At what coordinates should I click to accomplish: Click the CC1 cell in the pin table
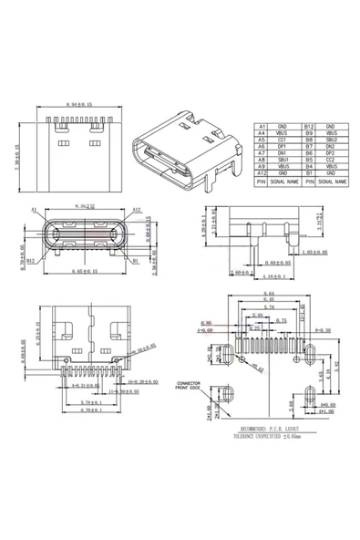(x=283, y=140)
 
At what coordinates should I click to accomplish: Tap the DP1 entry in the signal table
(x=283, y=147)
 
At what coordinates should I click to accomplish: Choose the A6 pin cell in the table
(x=262, y=147)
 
